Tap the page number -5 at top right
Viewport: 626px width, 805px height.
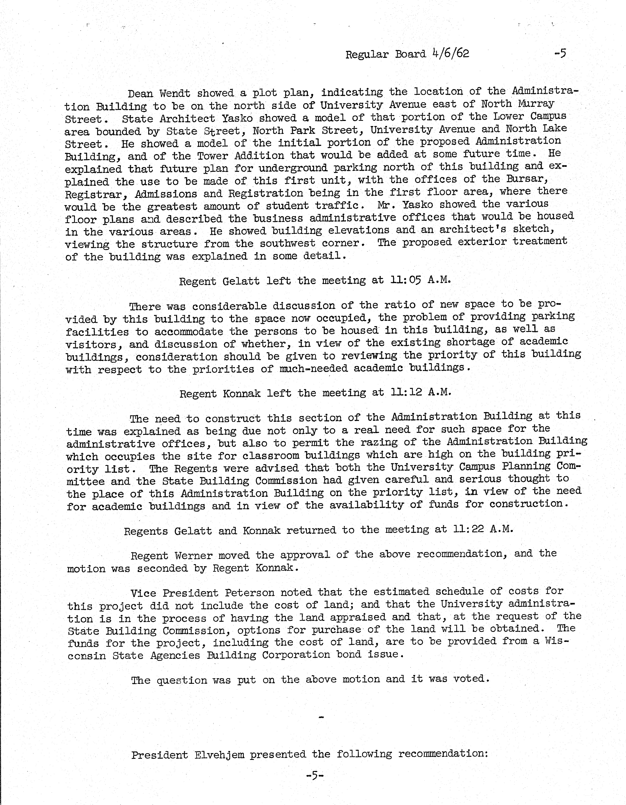tap(560, 54)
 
